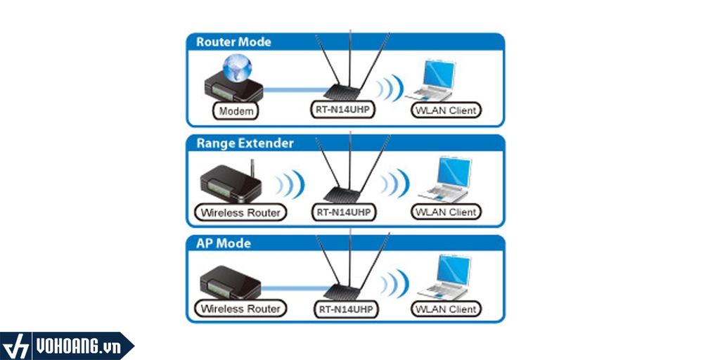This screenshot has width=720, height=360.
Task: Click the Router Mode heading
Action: [x=233, y=41]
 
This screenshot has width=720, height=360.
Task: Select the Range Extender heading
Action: [x=245, y=143]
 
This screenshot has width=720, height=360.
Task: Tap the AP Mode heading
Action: [x=224, y=244]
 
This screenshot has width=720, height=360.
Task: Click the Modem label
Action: [x=236, y=111]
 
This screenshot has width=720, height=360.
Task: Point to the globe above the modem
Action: [x=236, y=67]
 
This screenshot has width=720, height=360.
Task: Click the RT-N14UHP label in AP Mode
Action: [x=345, y=309]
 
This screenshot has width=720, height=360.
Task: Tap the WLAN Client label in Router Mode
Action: [x=446, y=110]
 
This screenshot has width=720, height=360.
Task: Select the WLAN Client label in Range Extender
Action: [x=446, y=212]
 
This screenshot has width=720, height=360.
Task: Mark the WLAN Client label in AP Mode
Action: [x=446, y=309]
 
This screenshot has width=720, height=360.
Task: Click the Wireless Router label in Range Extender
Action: [x=240, y=212]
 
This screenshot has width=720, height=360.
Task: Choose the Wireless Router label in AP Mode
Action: [x=240, y=309]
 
